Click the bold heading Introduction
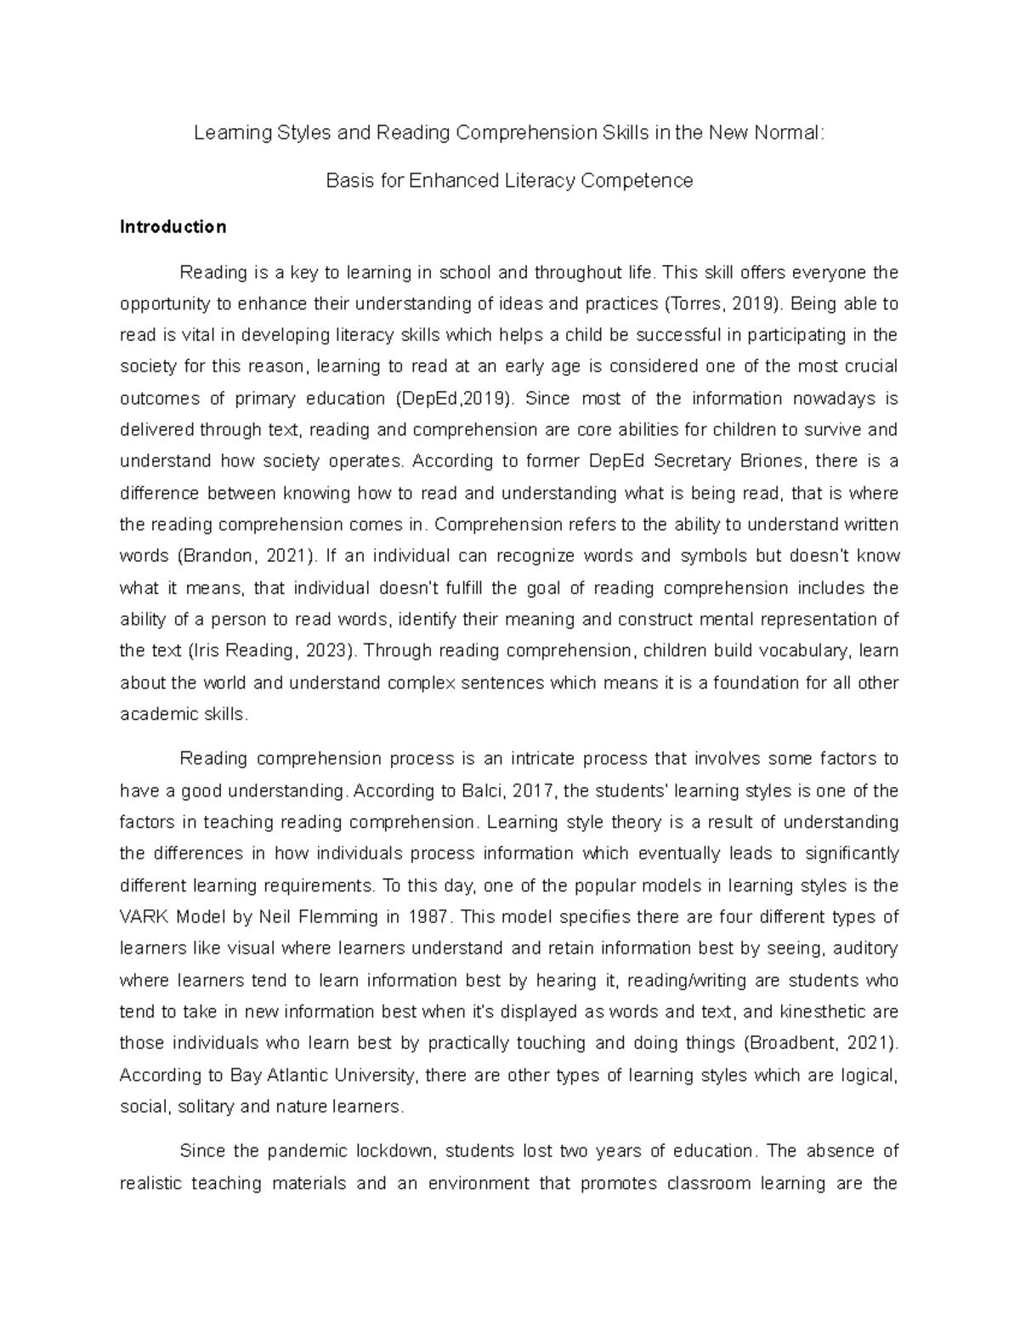point(173,227)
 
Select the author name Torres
point(689,303)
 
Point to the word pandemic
point(307,1151)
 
